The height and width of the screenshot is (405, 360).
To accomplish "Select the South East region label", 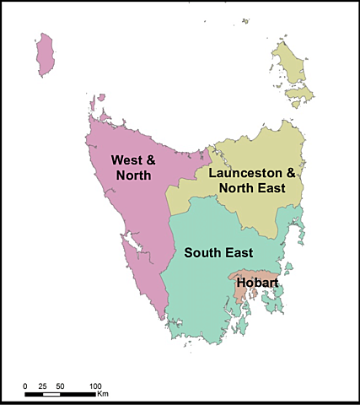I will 221,251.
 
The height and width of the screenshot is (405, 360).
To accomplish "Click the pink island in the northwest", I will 47,54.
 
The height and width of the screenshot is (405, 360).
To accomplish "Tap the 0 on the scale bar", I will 24,386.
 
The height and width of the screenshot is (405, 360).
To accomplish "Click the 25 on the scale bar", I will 42,386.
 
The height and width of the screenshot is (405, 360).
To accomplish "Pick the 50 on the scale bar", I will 60,386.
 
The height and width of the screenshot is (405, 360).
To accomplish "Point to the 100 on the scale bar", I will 95,386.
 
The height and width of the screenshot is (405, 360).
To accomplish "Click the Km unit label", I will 102,394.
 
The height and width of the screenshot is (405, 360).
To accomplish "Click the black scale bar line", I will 60,394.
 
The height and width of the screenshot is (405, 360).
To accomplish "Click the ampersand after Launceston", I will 292,173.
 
